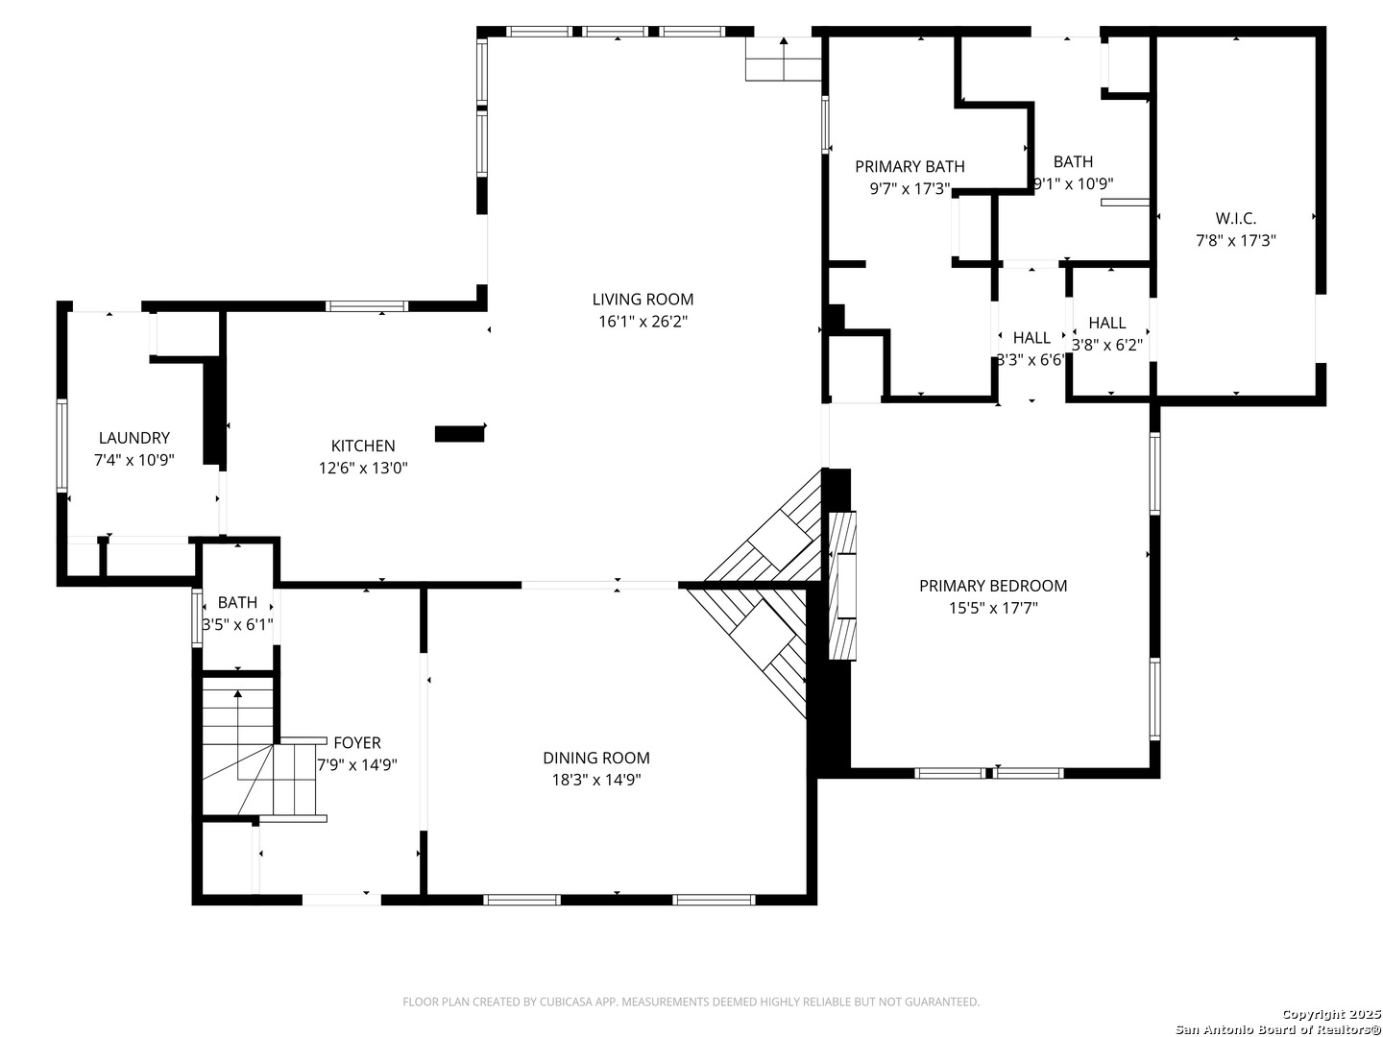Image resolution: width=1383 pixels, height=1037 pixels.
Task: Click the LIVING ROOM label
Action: tap(643, 299)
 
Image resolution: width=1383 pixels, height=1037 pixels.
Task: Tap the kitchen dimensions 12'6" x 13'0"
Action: tap(363, 468)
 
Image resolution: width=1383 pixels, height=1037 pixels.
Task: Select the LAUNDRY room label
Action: tap(134, 438)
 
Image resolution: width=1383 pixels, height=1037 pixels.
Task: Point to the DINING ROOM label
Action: tap(596, 758)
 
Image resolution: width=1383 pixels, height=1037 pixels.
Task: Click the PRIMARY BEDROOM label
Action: tap(993, 586)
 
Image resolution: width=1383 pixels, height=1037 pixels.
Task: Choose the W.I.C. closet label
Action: tap(1235, 219)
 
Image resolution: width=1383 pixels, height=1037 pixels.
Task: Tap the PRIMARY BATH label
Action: tap(910, 166)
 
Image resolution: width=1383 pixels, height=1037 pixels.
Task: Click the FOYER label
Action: tap(357, 743)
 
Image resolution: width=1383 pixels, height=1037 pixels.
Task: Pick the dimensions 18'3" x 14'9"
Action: tap(596, 780)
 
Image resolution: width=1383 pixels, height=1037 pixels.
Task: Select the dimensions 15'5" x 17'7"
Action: tap(993, 608)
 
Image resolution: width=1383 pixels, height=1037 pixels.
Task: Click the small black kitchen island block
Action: tap(459, 434)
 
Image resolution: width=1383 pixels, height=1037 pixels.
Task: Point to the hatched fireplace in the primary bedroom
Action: tap(842, 586)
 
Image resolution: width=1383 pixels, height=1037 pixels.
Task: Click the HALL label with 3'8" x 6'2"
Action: tap(1107, 323)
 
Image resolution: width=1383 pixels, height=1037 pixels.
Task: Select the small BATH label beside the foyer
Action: tap(237, 603)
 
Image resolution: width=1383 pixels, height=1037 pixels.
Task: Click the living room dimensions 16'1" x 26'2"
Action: tap(643, 322)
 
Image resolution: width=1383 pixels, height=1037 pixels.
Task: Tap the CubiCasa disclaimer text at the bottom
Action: tap(691, 1001)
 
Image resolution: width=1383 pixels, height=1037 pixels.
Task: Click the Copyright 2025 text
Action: tap(1332, 1014)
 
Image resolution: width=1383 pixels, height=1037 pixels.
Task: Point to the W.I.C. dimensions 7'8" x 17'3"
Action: tap(1235, 240)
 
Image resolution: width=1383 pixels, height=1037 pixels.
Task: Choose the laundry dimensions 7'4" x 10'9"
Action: tap(134, 460)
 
